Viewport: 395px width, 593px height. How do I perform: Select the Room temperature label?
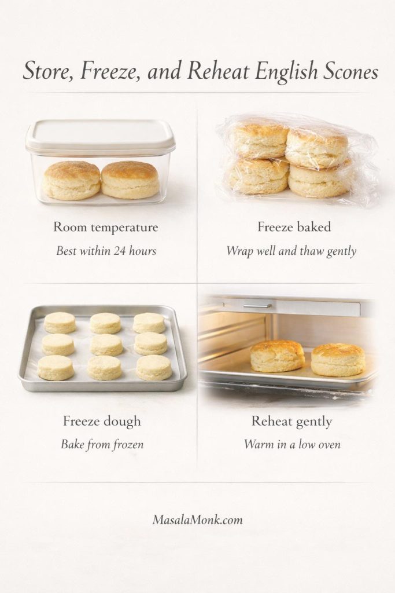[x=106, y=227]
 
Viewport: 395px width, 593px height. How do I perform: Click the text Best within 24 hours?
[x=106, y=251]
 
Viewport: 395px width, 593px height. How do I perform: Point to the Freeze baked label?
[x=294, y=227]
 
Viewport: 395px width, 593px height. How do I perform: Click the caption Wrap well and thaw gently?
[x=291, y=251]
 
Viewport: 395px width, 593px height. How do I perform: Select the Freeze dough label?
[x=101, y=421]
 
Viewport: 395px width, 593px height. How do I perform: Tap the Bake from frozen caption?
[x=102, y=444]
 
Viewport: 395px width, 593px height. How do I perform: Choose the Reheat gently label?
[x=291, y=421]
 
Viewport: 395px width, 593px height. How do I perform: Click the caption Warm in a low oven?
[x=291, y=444]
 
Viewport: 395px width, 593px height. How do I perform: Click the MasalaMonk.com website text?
[x=197, y=519]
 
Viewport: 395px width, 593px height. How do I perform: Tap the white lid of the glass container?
[x=101, y=133]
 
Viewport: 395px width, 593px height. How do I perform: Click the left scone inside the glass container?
[x=72, y=180]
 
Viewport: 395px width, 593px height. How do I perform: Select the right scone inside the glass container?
[x=130, y=180]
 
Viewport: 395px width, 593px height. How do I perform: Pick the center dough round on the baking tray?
[x=106, y=345]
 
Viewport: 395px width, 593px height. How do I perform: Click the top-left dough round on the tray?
[x=60, y=323]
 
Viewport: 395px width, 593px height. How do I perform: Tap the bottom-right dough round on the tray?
[x=154, y=367]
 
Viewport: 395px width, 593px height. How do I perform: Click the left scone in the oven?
[x=278, y=356]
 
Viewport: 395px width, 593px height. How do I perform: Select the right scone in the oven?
[x=338, y=360]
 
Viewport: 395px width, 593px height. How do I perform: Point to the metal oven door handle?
[x=257, y=305]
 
